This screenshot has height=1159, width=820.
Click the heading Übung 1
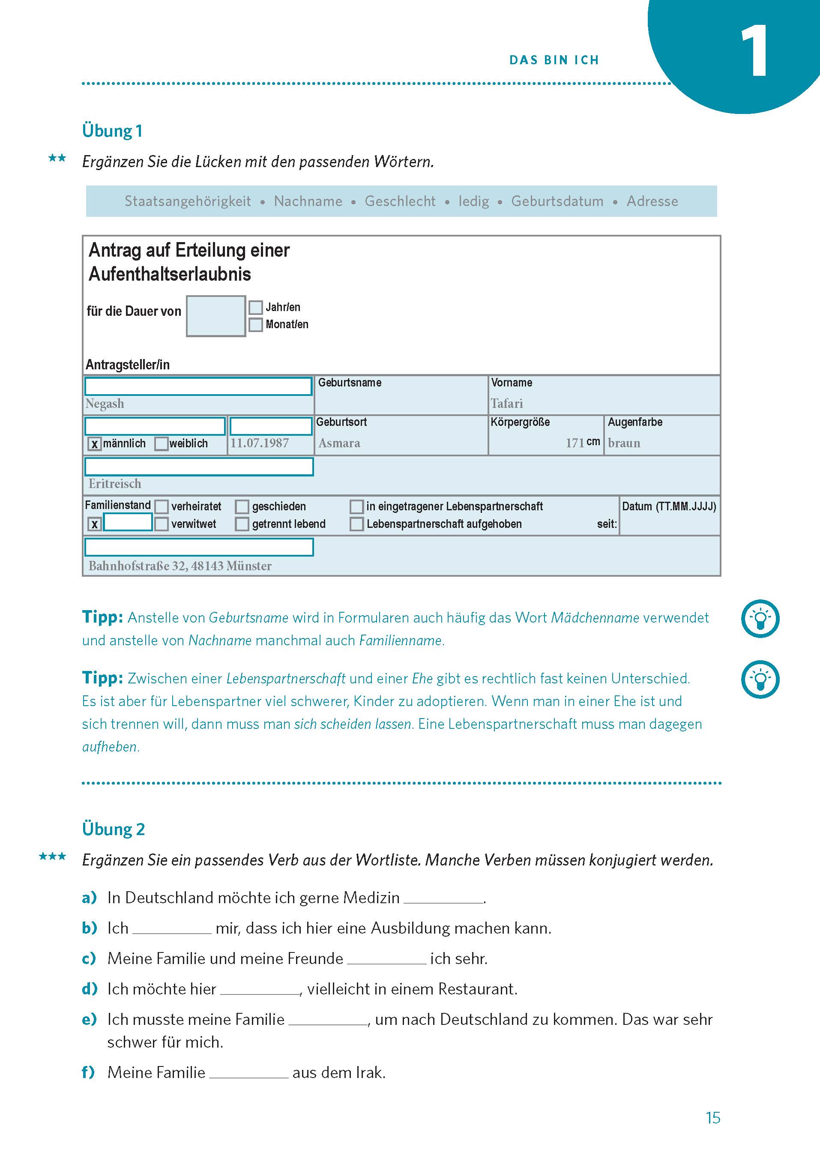coord(112,131)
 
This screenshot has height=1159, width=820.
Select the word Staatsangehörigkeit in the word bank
coord(187,201)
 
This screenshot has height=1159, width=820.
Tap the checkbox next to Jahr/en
coord(255,307)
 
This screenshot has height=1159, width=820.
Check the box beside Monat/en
coord(255,324)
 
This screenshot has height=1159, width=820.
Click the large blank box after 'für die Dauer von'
coord(215,316)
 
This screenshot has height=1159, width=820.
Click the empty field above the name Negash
coord(198,386)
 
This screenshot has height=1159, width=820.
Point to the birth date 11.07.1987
coord(260,443)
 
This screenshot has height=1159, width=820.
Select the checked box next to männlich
coord(94,444)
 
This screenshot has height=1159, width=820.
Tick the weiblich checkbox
coord(161,444)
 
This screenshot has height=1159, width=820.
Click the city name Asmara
coord(339,443)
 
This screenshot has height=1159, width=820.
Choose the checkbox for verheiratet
coord(162,506)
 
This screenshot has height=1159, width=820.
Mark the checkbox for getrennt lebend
coord(242,524)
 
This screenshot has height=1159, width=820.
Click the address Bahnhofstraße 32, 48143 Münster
coord(180,566)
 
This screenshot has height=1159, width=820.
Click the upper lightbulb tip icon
coord(760,618)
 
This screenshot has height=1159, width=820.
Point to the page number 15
coord(712,1117)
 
